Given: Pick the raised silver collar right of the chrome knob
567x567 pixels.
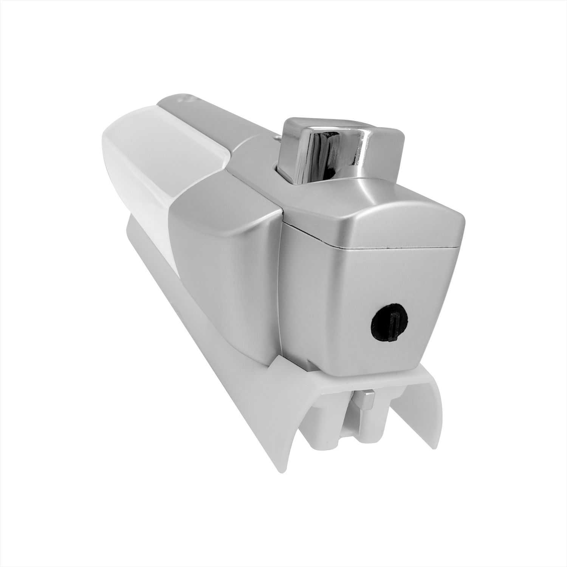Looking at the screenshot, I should (x=378, y=181).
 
